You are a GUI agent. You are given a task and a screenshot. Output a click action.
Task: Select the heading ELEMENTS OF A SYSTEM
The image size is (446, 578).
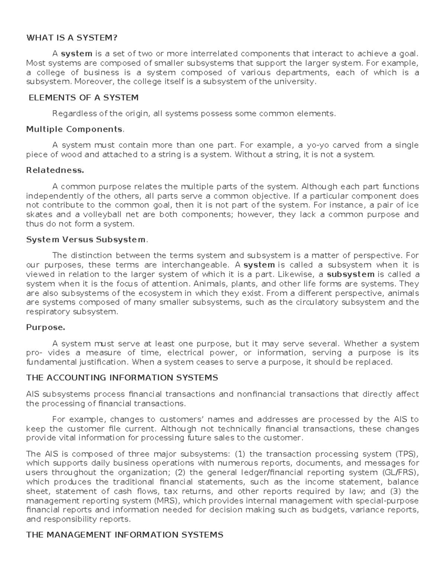tap(84, 98)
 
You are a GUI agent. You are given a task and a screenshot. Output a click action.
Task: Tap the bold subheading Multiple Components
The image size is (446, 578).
tap(74, 129)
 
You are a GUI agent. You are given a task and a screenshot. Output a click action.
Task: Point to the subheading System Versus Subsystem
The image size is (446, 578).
tap(86, 240)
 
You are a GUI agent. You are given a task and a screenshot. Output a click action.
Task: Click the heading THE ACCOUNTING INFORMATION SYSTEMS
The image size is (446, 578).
tap(122, 378)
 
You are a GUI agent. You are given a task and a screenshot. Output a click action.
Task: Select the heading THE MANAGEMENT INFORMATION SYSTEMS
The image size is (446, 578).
tap(125, 535)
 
